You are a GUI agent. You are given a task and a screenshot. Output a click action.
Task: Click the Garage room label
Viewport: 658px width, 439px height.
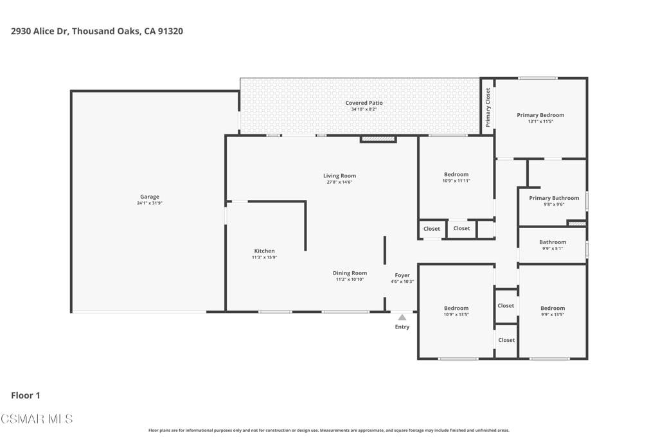(x=150, y=197)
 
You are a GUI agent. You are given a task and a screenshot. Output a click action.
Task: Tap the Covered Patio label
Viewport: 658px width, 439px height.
(x=364, y=103)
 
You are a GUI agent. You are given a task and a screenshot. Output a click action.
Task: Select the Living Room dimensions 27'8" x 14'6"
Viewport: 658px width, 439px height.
(x=339, y=182)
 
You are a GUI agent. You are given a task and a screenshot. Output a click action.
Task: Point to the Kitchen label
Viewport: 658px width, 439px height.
(x=264, y=251)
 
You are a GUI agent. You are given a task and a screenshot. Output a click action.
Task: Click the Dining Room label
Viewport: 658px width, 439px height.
(x=350, y=273)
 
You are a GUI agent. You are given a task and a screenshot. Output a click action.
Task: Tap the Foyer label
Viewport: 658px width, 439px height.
(x=402, y=275)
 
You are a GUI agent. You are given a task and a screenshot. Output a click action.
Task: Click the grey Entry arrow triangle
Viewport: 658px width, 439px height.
(x=402, y=318)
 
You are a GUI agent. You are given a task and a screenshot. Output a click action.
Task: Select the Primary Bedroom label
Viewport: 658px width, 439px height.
(x=540, y=115)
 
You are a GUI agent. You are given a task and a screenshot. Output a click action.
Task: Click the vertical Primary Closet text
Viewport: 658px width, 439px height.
(x=488, y=107)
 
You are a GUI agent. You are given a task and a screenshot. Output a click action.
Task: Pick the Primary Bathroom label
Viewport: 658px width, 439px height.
(x=554, y=198)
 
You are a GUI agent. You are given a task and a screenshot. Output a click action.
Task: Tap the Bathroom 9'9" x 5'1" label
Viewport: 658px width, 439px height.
(x=553, y=245)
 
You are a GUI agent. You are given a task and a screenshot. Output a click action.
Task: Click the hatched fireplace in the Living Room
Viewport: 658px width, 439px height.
(x=378, y=139)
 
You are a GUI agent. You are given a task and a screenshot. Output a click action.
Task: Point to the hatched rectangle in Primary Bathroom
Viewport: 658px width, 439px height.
(x=576, y=223)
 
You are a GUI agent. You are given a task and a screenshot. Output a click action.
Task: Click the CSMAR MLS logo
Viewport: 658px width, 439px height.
(x=37, y=419)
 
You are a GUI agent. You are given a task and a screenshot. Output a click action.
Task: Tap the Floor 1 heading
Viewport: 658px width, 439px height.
(x=26, y=395)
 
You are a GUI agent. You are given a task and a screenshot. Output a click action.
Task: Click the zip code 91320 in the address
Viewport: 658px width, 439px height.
(x=170, y=31)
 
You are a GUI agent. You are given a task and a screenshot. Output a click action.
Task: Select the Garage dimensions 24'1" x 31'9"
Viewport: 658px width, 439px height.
(x=150, y=203)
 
